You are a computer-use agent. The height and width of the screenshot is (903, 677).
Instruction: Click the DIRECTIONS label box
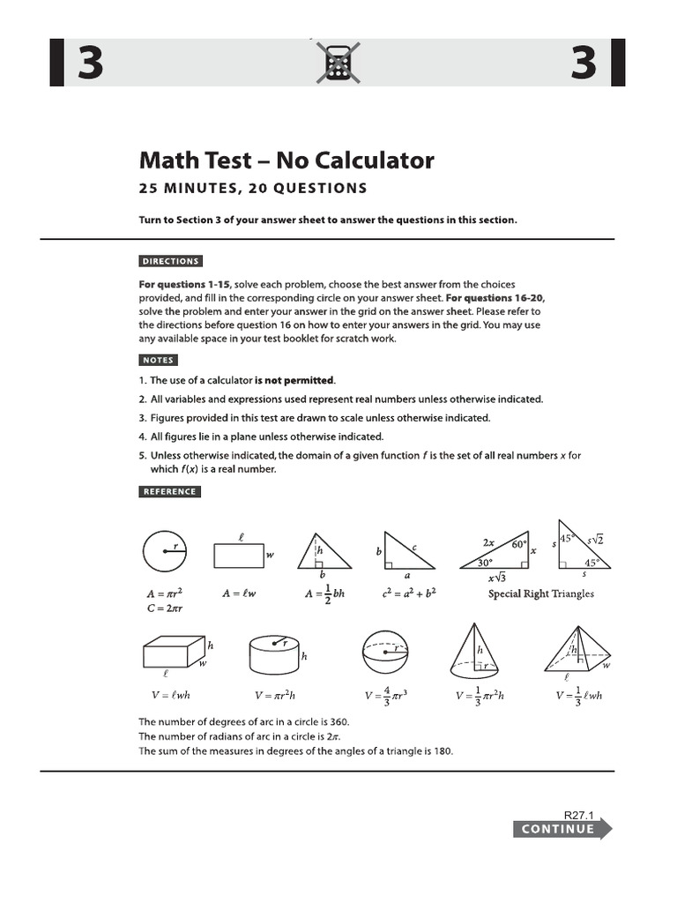point(170,261)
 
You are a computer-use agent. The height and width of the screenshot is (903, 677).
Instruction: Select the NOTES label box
point(158,360)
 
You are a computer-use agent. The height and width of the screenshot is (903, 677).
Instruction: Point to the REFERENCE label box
point(169,491)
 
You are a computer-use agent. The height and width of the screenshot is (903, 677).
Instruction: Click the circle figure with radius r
point(167,552)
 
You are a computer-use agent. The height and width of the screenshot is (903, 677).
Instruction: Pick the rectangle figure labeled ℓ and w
point(238,556)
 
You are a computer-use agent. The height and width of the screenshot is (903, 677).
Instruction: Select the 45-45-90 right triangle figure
point(583,544)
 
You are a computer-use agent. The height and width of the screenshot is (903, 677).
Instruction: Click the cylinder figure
point(275,653)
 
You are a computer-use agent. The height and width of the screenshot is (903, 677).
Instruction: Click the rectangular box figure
point(167,655)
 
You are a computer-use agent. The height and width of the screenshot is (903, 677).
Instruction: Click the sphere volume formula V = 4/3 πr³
point(383,695)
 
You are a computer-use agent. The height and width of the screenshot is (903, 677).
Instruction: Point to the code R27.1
point(579,816)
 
